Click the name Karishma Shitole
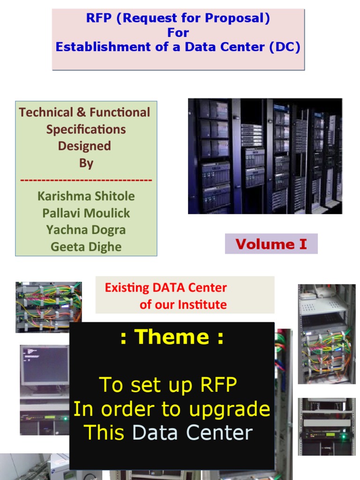[86, 196]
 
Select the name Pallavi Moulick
[86, 213]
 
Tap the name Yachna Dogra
[86, 230]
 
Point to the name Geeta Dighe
[86, 247]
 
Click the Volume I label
[271, 244]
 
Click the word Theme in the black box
[172, 337]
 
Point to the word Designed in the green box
[84, 146]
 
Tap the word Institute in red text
[202, 305]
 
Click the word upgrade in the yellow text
[229, 409]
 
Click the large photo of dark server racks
[265, 156]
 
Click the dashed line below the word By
[86, 180]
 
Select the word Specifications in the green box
[86, 129]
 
